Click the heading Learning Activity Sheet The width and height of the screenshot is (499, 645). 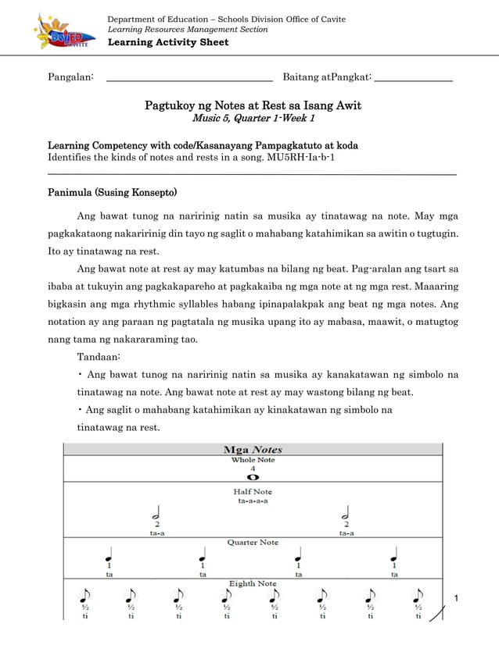click(167, 42)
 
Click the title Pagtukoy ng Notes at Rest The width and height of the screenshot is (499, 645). click(253, 105)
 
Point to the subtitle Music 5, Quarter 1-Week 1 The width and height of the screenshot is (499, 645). click(253, 119)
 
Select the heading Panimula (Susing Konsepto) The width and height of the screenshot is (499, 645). click(112, 191)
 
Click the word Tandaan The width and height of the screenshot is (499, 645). click(99, 356)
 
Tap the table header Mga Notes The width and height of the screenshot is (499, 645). click(253, 449)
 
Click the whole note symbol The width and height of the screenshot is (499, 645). click(253, 476)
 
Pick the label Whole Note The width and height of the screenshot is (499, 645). click(253, 460)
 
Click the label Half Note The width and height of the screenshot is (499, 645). click(253, 492)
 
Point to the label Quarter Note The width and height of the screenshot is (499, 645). click(253, 542)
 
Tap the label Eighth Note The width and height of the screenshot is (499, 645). click(253, 583)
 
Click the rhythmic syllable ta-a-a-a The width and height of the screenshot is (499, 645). click(253, 501)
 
